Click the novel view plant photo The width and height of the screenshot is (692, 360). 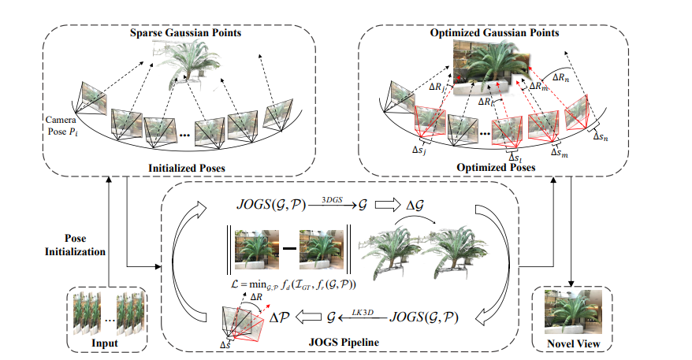(574, 310)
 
